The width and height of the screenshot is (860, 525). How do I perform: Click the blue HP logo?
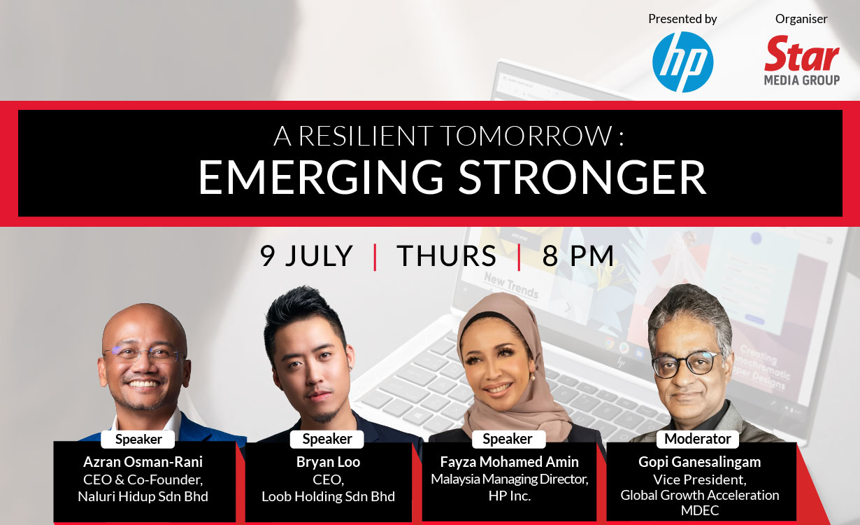[682, 62]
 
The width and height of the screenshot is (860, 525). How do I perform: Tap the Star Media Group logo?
[802, 62]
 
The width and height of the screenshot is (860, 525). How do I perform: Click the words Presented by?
[682, 19]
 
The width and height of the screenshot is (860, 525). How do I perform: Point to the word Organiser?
[801, 19]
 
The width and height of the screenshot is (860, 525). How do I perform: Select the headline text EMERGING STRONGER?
[452, 178]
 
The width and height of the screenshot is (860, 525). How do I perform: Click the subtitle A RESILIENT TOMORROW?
[447, 136]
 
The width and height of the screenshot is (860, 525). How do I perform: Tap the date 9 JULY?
[306, 256]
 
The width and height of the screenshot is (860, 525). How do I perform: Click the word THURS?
[446, 256]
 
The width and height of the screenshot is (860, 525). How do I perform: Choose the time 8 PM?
[578, 256]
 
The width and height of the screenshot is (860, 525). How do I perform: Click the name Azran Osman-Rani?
[143, 462]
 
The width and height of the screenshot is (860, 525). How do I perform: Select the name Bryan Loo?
[328, 462]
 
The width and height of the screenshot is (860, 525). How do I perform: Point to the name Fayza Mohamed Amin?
[509, 462]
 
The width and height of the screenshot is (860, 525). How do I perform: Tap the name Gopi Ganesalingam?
[699, 462]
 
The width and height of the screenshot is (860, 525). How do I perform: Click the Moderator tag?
[697, 439]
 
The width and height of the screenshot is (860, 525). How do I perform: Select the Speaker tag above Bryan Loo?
[327, 439]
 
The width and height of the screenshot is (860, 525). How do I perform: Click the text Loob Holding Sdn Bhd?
[328, 496]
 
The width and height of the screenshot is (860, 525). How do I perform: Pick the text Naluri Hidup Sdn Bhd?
[143, 496]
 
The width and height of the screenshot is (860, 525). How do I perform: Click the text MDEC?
[699, 512]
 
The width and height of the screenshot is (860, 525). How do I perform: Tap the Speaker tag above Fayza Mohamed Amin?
[507, 439]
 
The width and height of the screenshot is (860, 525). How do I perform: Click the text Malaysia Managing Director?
[509, 479]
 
